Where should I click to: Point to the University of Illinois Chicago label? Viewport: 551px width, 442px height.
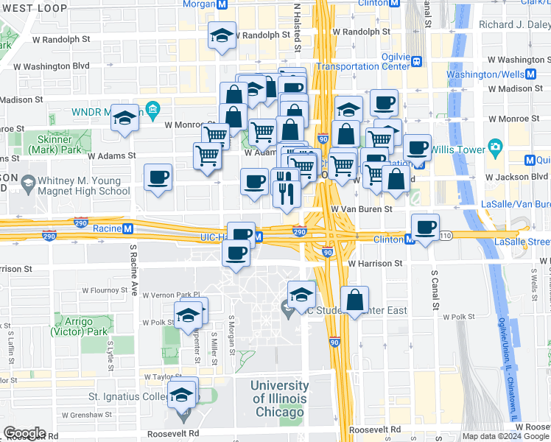click(279, 399)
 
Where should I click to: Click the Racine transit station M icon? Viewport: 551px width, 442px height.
click(127, 228)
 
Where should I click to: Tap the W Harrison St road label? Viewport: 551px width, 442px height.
click(375, 263)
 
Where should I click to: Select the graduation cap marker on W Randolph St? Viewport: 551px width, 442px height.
click(221, 35)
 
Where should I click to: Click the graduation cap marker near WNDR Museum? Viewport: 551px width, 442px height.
click(125, 116)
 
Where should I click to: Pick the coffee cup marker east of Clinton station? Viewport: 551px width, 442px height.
click(425, 226)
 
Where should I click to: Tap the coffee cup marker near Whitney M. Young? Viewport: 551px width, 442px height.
click(158, 178)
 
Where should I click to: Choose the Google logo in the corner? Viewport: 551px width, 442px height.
click(24, 433)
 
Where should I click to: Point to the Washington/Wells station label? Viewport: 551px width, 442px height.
click(485, 74)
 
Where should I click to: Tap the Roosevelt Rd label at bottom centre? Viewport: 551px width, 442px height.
click(375, 429)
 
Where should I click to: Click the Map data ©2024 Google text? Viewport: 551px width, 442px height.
click(506, 436)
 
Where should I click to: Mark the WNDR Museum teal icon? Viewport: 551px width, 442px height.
click(153, 111)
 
